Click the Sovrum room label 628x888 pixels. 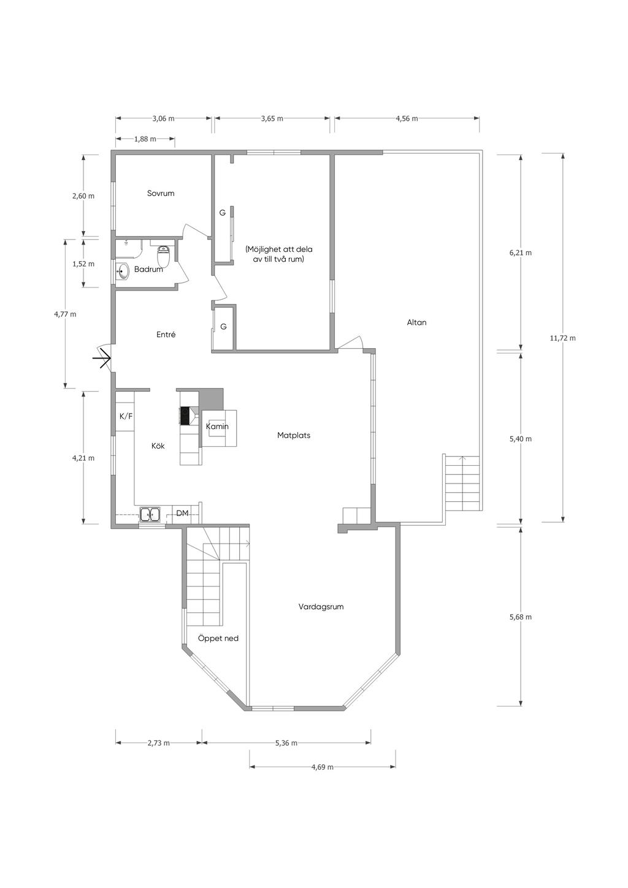161,194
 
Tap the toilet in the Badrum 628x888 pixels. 164,256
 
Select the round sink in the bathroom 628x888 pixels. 123,272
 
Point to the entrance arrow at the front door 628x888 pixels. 102,359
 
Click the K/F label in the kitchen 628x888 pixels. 126,416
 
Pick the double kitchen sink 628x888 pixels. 150,515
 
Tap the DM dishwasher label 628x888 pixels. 182,514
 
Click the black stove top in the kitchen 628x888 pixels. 185,416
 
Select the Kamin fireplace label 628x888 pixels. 217,427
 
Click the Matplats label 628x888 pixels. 294,435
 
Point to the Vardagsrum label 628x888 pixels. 321,607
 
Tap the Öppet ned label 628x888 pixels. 218,639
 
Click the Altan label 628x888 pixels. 416,322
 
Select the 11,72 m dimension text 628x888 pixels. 562,338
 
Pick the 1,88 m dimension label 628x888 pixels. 145,139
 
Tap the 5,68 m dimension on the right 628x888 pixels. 521,617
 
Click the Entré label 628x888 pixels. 166,335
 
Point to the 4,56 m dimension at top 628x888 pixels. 407,118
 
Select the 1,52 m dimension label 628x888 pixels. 83,264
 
